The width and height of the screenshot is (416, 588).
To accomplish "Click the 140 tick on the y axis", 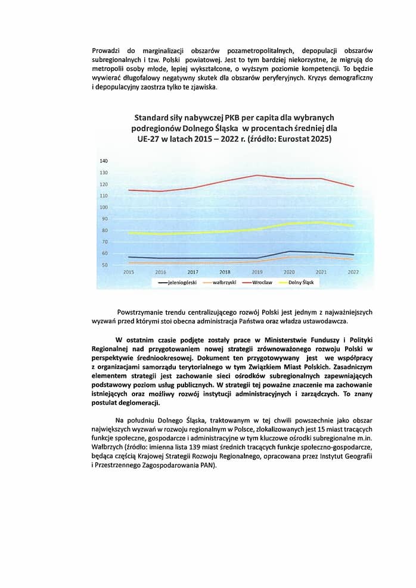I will pyautogui.click(x=104, y=161).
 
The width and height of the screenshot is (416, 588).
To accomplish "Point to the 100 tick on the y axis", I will pyautogui.click(x=104, y=207).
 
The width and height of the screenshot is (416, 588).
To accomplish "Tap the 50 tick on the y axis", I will pyautogui.click(x=104, y=265).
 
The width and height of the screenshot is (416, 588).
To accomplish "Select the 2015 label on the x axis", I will pyautogui.click(x=128, y=271).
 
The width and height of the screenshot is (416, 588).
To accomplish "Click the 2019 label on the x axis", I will pyautogui.click(x=258, y=271).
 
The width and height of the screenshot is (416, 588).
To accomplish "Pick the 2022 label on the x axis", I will pyautogui.click(x=353, y=271).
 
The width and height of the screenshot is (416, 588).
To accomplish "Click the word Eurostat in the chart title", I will pyautogui.click(x=293, y=139).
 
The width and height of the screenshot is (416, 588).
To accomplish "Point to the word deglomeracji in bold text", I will pyautogui.click(x=138, y=403).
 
